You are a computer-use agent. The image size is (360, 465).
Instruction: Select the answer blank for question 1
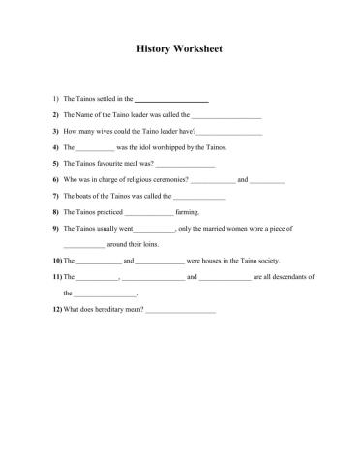170,100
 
